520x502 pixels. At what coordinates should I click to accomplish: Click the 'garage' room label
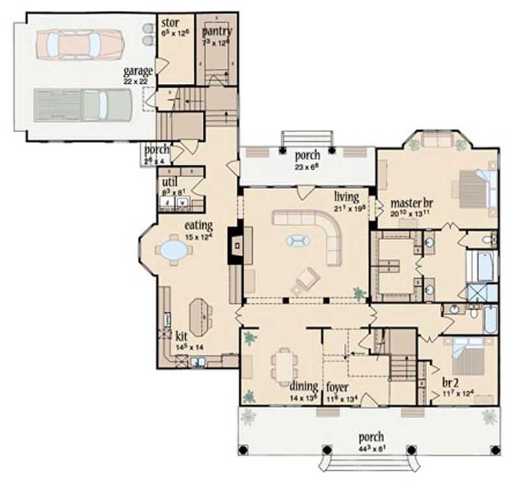(x=138, y=70)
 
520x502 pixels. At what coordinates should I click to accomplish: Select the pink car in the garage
(x=81, y=44)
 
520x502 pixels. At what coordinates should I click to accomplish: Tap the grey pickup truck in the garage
(x=83, y=105)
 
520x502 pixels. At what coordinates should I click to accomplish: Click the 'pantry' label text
(x=216, y=31)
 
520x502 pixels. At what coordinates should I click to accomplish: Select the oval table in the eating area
(x=173, y=250)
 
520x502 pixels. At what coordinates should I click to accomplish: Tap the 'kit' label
(x=181, y=338)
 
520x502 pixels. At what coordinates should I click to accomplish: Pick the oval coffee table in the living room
(x=298, y=241)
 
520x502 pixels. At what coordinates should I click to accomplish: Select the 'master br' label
(x=411, y=202)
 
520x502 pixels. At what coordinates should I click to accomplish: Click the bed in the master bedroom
(x=474, y=188)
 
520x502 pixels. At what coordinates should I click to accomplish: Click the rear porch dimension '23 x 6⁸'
(x=306, y=166)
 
